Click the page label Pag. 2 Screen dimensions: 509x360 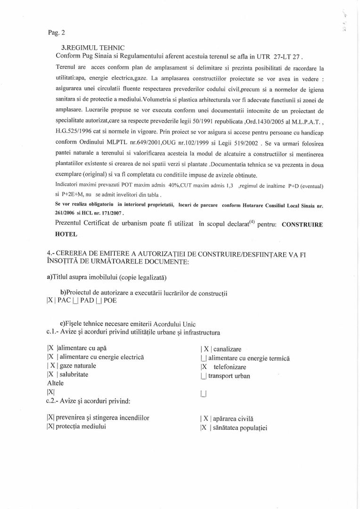[x=57, y=33]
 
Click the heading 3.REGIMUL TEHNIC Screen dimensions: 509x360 [x=93, y=48]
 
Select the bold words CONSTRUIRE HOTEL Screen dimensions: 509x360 [x=302, y=225]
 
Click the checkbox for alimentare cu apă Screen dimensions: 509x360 [x=51, y=349]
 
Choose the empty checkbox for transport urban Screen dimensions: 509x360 [x=203, y=376]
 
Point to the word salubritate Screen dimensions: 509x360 [x=74, y=375]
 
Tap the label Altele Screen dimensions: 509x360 [x=55, y=383]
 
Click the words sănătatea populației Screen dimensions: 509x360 [x=240, y=428]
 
